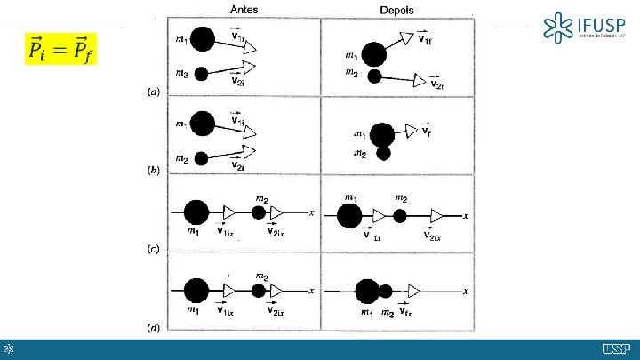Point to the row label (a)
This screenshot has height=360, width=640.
(153, 92)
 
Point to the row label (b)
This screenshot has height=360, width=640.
(153, 169)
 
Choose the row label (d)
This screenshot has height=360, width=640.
(153, 326)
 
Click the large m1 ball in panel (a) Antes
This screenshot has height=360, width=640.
(203, 39)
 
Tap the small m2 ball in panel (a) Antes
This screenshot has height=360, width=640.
(202, 75)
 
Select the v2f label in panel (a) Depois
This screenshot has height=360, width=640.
(436, 84)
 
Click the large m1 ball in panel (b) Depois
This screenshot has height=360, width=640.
(383, 135)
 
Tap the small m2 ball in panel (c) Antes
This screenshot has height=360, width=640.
(259, 213)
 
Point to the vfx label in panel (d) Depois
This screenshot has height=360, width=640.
(404, 311)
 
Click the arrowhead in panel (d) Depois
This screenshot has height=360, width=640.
(415, 291)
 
